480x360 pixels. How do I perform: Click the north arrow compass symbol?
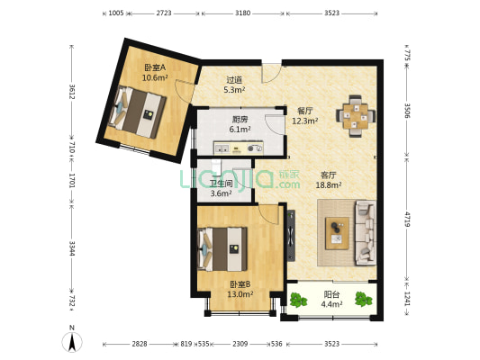(72, 342)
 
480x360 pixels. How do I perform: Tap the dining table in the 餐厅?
(356, 116)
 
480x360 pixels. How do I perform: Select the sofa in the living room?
(366, 233)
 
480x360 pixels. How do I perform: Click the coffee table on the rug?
(338, 233)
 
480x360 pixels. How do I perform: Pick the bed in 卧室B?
(222, 249)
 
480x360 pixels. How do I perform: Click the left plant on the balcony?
(298, 300)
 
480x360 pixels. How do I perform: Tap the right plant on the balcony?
(363, 299)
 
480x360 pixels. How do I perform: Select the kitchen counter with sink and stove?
(239, 148)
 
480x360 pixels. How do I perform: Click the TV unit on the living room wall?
(291, 236)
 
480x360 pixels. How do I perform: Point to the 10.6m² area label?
(155, 77)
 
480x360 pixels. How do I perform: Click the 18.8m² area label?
(329, 184)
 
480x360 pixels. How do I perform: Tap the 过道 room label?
(234, 80)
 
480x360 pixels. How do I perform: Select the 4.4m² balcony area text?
(331, 304)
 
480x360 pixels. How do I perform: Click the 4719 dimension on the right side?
(407, 219)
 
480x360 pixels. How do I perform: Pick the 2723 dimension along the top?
(164, 13)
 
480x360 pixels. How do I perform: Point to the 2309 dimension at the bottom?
(240, 344)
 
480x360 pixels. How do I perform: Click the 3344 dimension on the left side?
(72, 248)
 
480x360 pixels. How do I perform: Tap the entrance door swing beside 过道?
(271, 73)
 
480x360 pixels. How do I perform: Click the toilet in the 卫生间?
(216, 167)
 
